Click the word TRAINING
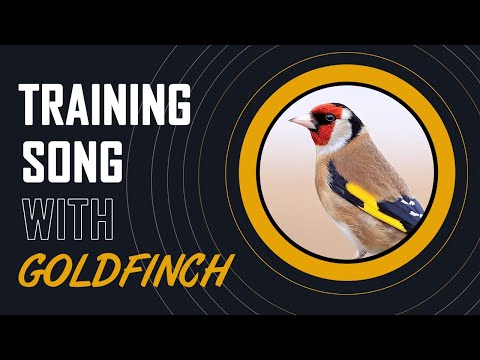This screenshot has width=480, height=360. (x=106, y=104)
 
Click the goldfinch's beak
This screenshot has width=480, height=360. (x=300, y=122)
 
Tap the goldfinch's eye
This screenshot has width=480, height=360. (x=327, y=118)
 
